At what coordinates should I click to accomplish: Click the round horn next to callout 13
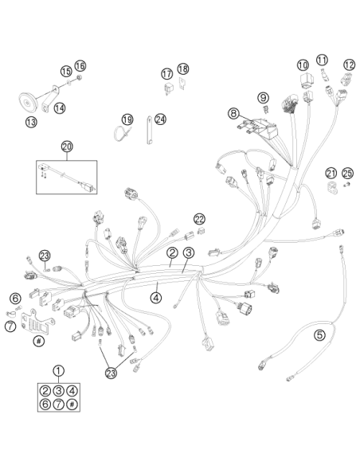28,103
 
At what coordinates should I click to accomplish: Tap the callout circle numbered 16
80,66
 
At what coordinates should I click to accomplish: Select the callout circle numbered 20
67,147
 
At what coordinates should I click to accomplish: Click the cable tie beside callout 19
121,132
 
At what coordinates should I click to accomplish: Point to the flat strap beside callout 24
149,130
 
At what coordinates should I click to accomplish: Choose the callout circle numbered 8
233,113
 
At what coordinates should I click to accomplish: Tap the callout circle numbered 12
350,65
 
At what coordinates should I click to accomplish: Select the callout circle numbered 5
319,335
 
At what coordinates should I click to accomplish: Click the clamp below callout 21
332,187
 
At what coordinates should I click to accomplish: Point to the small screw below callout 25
346,186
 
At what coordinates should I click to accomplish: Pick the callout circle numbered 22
200,219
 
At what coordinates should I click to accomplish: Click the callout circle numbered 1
58,370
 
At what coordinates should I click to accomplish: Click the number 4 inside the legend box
72,391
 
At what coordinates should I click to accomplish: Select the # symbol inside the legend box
72,404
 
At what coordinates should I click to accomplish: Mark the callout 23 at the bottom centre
112,373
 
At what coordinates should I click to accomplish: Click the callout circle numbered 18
183,68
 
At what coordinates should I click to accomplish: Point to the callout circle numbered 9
263,97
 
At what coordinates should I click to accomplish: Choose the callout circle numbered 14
60,108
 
